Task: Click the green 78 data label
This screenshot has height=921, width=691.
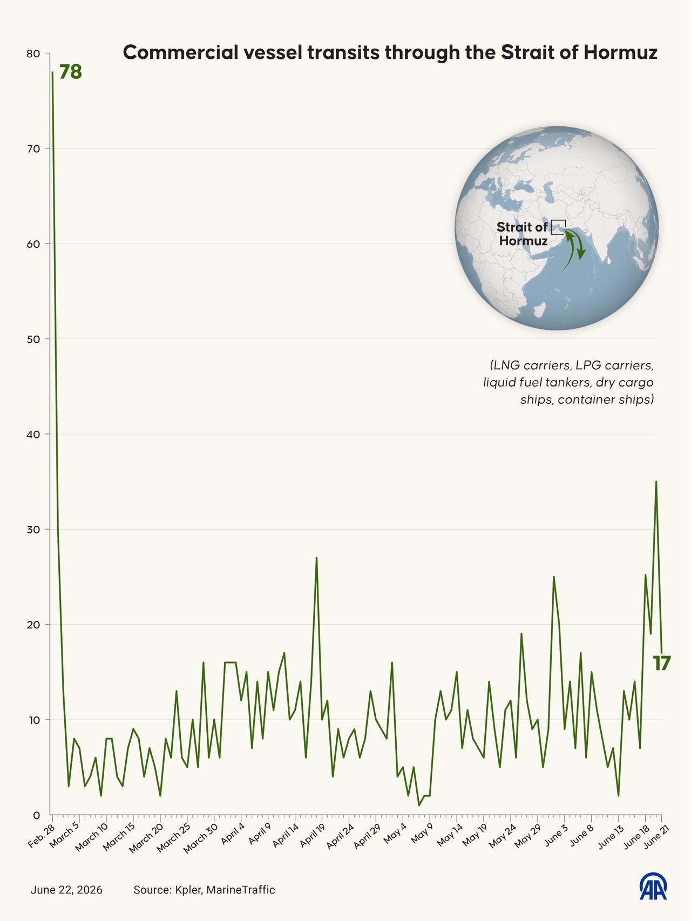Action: pyautogui.click(x=70, y=72)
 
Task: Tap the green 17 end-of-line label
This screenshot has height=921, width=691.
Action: pyautogui.click(x=661, y=663)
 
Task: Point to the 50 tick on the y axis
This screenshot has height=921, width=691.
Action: pyautogui.click(x=33, y=339)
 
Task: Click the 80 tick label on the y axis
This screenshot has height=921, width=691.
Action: pyautogui.click(x=33, y=53)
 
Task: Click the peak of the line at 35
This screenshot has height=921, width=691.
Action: pyautogui.click(x=656, y=481)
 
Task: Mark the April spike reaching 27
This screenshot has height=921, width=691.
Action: pyautogui.click(x=316, y=558)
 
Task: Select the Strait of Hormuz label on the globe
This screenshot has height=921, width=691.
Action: pyautogui.click(x=523, y=234)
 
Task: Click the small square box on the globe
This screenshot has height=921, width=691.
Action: pyautogui.click(x=558, y=227)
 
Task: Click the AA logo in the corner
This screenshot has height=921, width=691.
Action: pyautogui.click(x=653, y=887)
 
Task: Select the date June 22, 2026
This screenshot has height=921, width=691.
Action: pyautogui.click(x=66, y=890)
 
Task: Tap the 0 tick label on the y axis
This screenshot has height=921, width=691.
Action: pyautogui.click(x=37, y=815)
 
